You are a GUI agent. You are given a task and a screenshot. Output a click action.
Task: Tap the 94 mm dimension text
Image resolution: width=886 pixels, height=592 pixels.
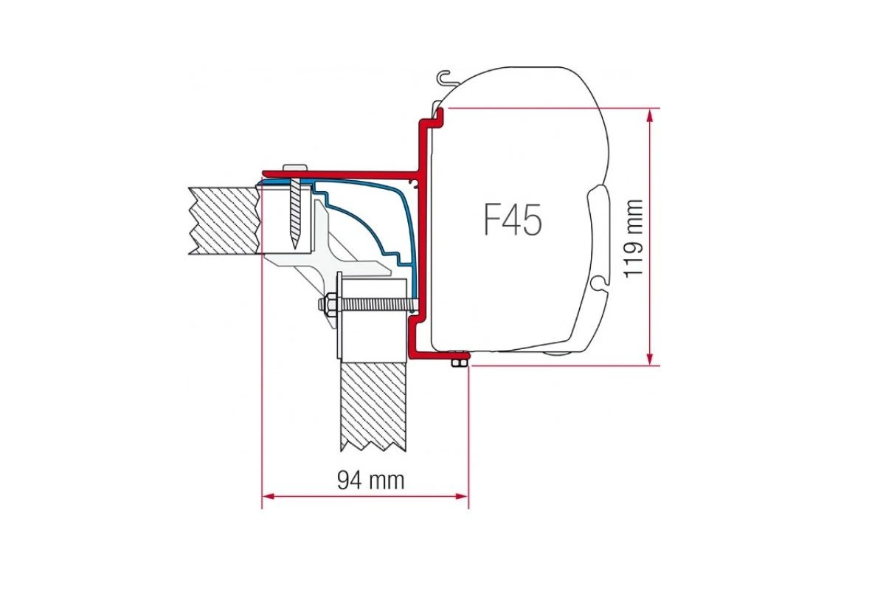370,481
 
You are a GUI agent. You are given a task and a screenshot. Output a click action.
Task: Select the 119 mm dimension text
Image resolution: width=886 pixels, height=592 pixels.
632,238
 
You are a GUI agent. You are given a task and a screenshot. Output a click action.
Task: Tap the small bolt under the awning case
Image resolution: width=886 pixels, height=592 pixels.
459,359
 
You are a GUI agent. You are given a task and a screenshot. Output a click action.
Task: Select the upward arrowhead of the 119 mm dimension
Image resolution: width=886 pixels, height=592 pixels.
649,117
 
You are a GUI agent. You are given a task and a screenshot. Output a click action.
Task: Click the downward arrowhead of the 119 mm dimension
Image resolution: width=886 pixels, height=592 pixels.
649,357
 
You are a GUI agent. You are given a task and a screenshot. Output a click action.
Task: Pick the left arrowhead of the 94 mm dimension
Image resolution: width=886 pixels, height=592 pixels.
269,496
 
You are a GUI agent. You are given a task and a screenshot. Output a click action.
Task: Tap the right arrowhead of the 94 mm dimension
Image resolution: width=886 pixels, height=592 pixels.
461,496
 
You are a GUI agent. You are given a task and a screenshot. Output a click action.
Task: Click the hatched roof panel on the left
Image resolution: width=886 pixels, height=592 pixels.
224,221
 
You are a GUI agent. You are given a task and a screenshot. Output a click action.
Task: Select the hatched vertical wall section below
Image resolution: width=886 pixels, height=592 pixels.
373,407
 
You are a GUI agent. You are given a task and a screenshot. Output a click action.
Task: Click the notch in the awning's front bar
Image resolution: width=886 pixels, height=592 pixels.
600,282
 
